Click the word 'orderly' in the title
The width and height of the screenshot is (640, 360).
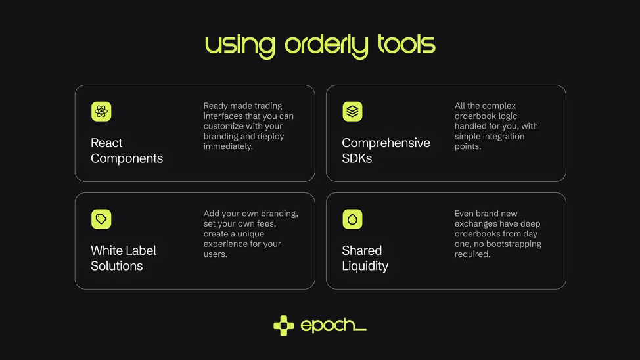[x=326, y=45]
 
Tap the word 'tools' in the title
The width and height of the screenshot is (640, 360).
[x=407, y=44]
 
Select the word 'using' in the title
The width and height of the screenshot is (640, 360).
[x=240, y=47]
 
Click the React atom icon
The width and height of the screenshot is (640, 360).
[x=101, y=112]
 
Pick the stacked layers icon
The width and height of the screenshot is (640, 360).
[x=352, y=112]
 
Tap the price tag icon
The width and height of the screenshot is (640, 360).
[x=101, y=219]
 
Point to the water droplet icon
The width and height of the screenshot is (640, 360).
[x=352, y=219]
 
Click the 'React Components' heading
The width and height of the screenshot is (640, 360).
[x=127, y=150]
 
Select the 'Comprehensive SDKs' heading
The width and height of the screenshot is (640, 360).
[x=386, y=150]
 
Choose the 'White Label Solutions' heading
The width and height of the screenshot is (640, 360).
[x=124, y=258]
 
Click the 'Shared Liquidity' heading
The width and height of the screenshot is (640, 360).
[x=365, y=258]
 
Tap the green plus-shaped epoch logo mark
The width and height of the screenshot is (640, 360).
[x=284, y=326]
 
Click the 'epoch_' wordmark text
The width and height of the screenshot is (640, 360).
[x=333, y=326]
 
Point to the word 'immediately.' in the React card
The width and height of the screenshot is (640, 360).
[x=228, y=146]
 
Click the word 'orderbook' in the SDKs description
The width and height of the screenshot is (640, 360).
[x=474, y=116]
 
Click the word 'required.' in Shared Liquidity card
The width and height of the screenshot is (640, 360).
[x=472, y=254]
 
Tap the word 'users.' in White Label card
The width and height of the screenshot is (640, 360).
[x=215, y=254]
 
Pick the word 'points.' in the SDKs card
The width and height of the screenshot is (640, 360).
[x=468, y=146]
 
